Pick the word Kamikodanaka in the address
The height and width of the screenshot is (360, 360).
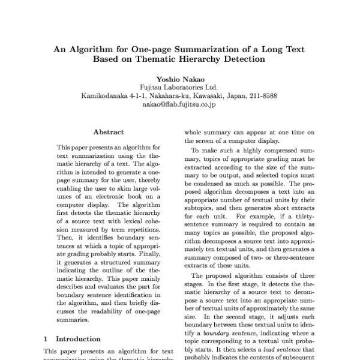coord(106,95)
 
